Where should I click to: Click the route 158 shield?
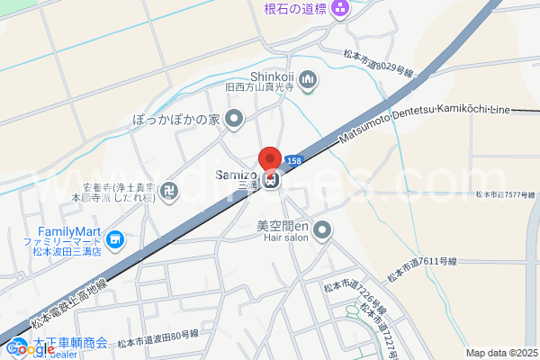coord(293,160)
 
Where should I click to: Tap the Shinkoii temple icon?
coord(308,81)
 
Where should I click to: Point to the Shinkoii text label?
coord(272,76)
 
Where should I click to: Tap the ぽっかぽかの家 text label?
coord(175,118)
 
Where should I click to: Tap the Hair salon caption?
coord(285,239)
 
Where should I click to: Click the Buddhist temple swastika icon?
coord(171,190)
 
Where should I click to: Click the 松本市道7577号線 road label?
coord(506,193)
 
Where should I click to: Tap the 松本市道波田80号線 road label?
coord(164,334)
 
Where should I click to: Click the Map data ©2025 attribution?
coord(502,353)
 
